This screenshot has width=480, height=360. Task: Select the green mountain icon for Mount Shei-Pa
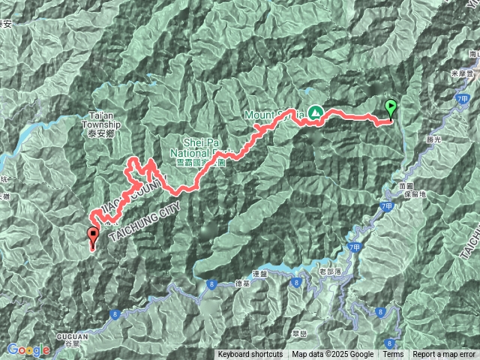(315, 112)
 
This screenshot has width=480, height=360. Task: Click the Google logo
(28, 349)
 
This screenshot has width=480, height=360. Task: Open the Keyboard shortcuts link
(250, 355)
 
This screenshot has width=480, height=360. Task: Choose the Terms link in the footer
(393, 355)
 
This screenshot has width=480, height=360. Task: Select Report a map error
(443, 355)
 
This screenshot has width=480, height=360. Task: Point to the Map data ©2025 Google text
(332, 355)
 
